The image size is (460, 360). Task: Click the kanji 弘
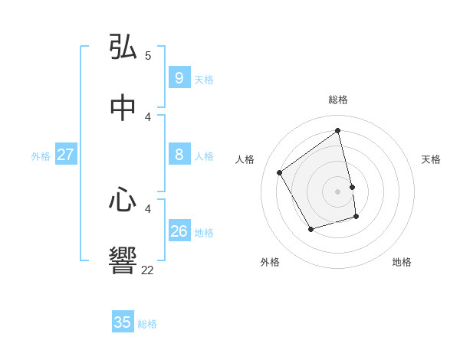[123, 47]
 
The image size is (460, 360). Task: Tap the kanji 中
[123, 108]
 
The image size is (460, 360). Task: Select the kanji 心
[123, 200]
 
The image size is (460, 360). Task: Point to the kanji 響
[123, 261]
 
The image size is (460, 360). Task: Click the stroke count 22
[147, 270]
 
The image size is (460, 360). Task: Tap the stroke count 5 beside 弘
[148, 55]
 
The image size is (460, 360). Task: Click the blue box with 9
[179, 78]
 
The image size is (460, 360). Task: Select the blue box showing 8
[179, 155]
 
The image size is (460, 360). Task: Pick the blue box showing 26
[179, 231]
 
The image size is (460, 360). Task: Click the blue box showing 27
[65, 155]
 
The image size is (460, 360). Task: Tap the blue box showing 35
[123, 322]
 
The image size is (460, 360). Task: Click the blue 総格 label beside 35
[147, 324]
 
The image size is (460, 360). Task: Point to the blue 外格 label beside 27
[41, 156]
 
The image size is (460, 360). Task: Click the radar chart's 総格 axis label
[338, 100]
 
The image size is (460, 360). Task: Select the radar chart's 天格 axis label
[431, 159]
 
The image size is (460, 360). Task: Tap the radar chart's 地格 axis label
[402, 262]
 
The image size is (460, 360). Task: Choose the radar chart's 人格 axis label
[245, 159]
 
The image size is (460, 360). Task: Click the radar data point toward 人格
[280, 172]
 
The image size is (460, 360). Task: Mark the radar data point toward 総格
[338, 131]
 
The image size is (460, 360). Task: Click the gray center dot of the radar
[338, 191]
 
